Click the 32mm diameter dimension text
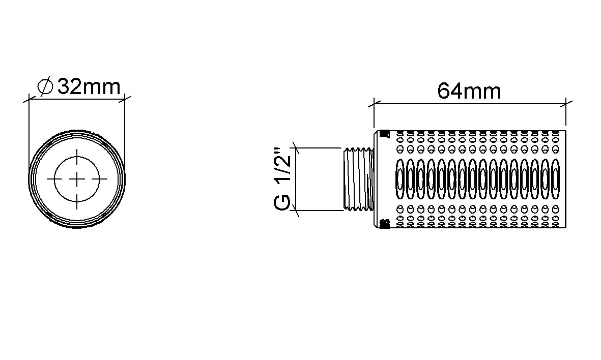89,86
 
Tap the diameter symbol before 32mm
46,87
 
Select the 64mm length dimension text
469,92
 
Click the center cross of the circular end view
77,178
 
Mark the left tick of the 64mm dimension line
374,104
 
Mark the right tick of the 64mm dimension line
566,104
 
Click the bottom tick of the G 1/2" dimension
296,210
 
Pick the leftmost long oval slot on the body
400,179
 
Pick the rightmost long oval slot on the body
555,179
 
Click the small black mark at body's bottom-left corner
384,223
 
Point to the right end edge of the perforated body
565,179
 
